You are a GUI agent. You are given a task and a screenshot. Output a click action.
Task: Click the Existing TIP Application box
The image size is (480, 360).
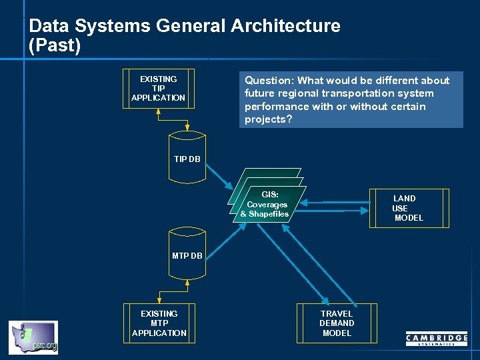[x=159, y=88]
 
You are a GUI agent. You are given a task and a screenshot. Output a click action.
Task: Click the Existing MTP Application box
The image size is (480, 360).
[x=159, y=323]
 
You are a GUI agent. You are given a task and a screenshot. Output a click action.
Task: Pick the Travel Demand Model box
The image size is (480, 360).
[x=337, y=323]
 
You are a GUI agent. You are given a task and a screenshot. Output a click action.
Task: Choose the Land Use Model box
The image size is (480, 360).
[x=408, y=208]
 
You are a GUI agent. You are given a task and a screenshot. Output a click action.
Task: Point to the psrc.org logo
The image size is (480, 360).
[x=33, y=337]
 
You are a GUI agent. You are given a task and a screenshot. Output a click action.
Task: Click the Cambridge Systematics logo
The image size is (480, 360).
[x=437, y=339]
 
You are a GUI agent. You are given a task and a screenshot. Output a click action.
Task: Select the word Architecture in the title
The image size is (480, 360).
[x=285, y=26]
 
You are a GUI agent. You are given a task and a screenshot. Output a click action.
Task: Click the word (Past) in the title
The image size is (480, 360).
[x=55, y=46]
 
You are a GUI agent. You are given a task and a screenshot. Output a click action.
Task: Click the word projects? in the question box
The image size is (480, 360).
[x=268, y=119]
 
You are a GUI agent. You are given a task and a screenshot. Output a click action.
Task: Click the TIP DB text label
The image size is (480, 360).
[x=187, y=159]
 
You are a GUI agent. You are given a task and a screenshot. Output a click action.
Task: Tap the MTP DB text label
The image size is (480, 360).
[x=187, y=256]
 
